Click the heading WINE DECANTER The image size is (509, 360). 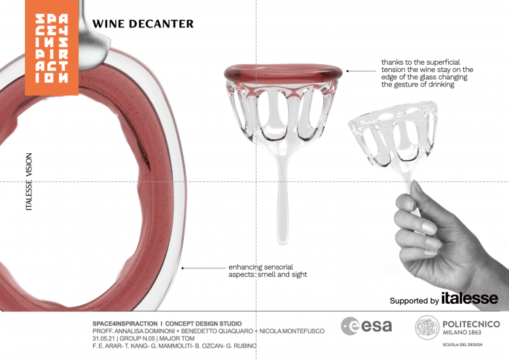tap(143, 24)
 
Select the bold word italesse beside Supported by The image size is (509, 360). tap(469, 298)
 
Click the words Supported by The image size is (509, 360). tap(413, 301)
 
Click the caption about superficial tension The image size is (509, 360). tap(427, 73)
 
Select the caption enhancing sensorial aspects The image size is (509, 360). tap(267, 270)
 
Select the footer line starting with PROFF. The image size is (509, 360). tap(208, 331)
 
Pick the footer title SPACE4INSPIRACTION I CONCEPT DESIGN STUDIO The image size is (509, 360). tap(167, 323)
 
